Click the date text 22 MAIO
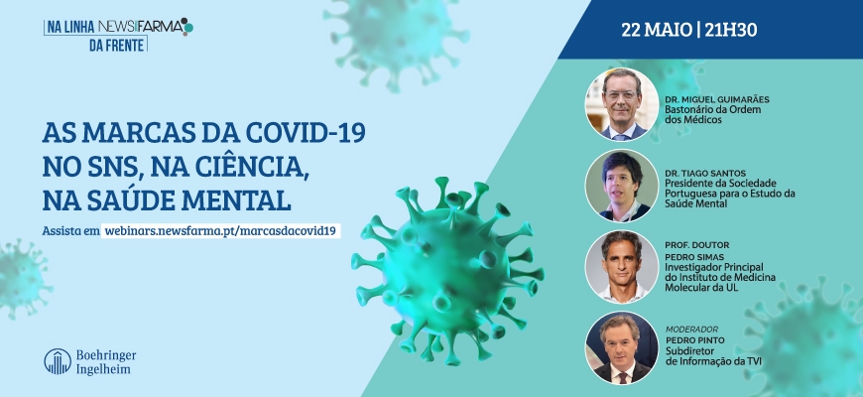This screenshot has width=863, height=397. pyautogui.click(x=656, y=30)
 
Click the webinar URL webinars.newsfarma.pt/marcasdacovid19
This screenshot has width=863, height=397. pyautogui.click(x=220, y=230)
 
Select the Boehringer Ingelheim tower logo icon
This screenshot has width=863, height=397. pyautogui.click(x=58, y=361)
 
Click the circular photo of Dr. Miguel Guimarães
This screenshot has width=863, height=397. pyautogui.click(x=621, y=104)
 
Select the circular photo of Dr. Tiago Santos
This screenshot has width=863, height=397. pyautogui.click(x=621, y=186)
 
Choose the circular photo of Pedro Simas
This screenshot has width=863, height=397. pyautogui.click(x=621, y=267)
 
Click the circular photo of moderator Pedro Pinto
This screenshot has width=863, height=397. pyautogui.click(x=621, y=347)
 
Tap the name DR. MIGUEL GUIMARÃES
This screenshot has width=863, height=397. pyautogui.click(x=716, y=99)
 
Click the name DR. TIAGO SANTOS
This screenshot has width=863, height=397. pyautogui.click(x=705, y=173)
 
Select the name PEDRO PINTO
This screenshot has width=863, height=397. pyautogui.click(x=694, y=340)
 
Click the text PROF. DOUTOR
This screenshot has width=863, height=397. pyautogui.click(x=696, y=245)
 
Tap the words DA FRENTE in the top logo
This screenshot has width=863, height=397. pyautogui.click(x=117, y=45)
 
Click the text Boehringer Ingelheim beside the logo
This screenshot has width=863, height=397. pyautogui.click(x=106, y=361)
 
